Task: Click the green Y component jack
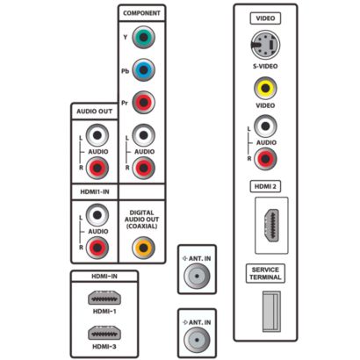pos(143,37)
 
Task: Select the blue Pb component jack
pos(143,70)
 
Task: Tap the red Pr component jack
pos(143,103)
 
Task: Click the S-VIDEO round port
pos(265,45)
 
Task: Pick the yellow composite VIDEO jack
pos(265,88)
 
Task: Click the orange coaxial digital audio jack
pos(143,248)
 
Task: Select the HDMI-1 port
pos(104,298)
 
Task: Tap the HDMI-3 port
pos(104,333)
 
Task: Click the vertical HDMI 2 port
pos(272,226)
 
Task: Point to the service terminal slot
pos(271,312)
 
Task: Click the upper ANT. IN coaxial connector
pos(197,276)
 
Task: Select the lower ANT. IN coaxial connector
pos(197,340)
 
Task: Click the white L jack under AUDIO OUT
pos(97,135)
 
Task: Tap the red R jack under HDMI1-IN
pos(97,248)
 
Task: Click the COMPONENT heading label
pos(141,13)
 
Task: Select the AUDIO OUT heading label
pos(94,112)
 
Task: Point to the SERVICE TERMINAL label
pos(265,273)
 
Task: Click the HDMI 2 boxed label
pos(265,186)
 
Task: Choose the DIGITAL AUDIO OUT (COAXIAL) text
pos(141,220)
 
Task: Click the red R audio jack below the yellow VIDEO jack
pos(265,159)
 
